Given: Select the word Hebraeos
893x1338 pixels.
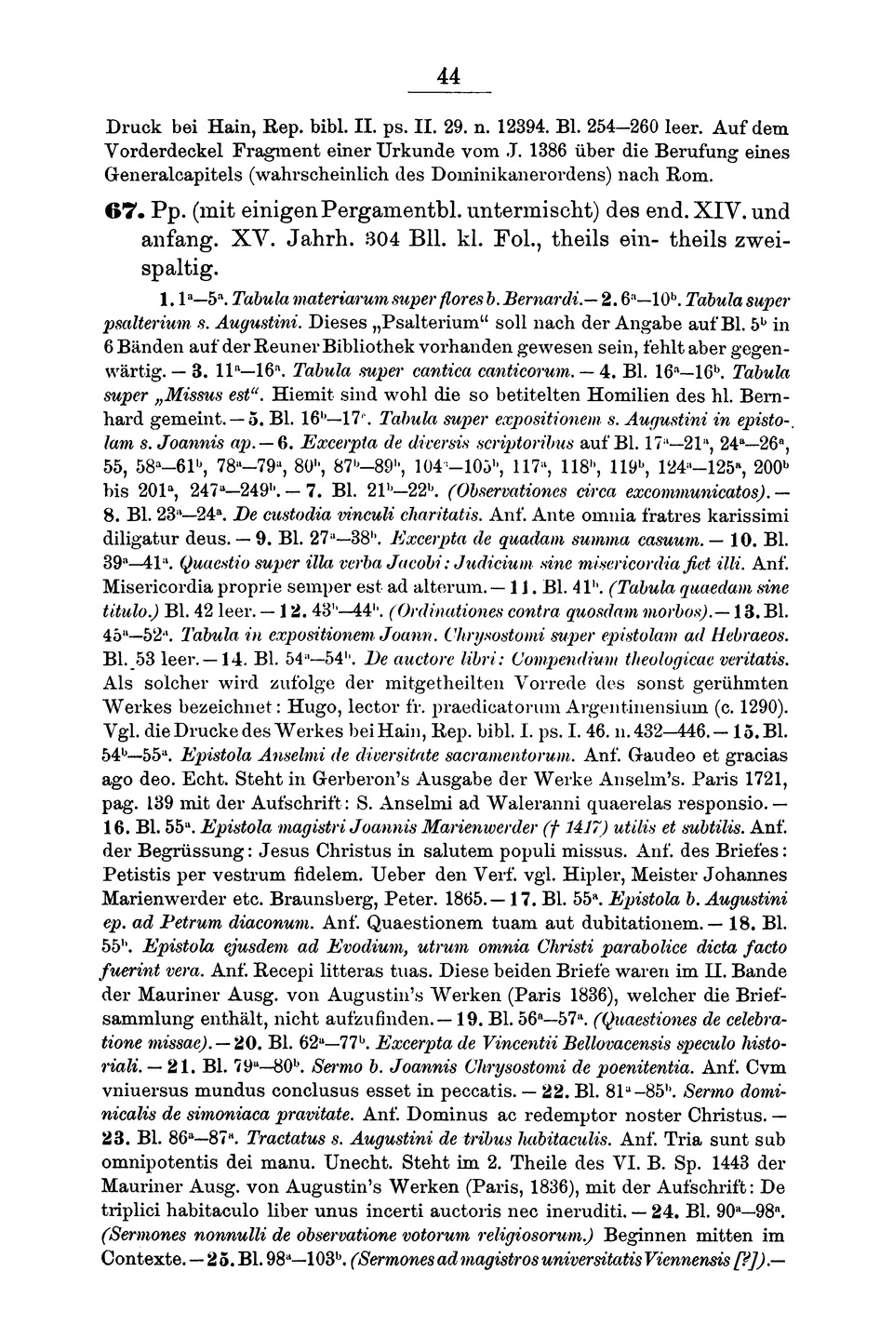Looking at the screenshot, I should [x=741, y=634].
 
